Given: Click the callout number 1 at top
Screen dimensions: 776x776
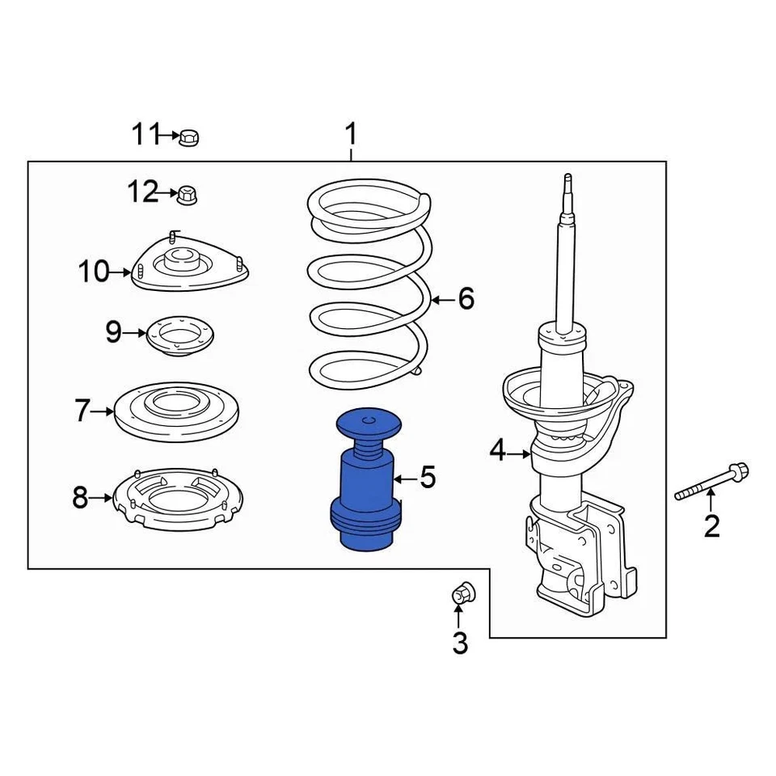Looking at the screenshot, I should click(351, 133).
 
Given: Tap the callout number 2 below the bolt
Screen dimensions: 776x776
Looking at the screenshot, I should click(711, 526).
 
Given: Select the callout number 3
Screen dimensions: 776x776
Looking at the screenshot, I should click(460, 643).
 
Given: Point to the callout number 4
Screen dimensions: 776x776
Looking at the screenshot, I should click(498, 451).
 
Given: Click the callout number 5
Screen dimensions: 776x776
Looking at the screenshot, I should click(428, 478).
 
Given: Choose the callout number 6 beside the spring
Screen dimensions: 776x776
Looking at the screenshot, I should click(466, 299).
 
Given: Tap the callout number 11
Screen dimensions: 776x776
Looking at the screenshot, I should click(146, 134).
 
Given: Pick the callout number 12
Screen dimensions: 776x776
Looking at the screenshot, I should click(142, 192).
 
